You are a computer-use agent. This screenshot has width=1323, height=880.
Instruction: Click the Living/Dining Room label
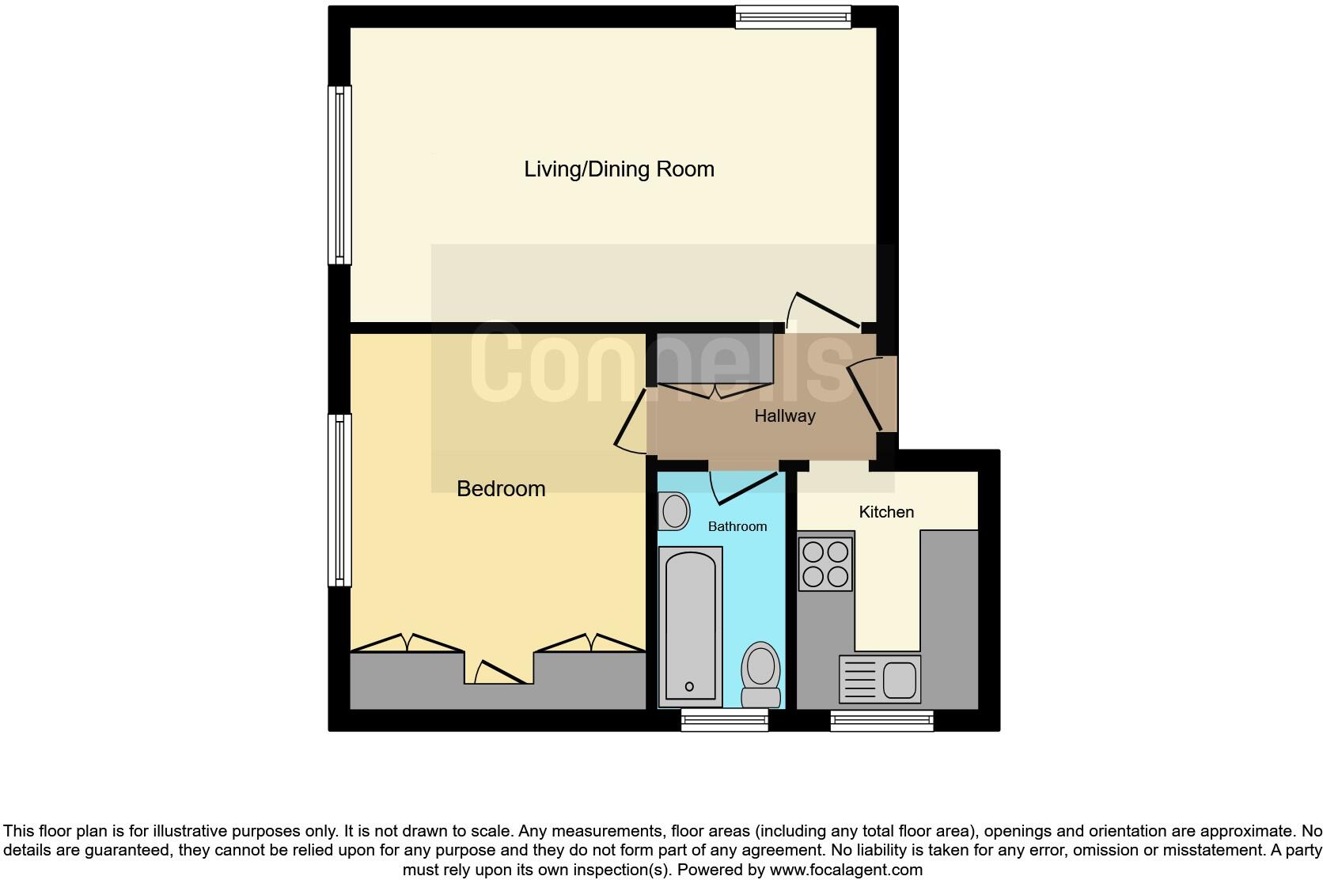coord(619,169)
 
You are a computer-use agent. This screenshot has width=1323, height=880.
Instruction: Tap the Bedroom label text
coord(501,489)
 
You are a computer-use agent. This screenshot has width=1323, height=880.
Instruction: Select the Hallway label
coord(784,416)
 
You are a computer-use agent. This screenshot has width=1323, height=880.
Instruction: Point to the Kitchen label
coord(886,512)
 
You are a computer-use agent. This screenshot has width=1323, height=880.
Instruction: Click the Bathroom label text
coord(737,526)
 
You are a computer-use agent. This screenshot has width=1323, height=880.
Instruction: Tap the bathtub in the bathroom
coord(691,625)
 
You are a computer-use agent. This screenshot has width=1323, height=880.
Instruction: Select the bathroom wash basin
coord(674,510)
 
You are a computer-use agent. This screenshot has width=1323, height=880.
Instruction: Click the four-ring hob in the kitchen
coord(825,563)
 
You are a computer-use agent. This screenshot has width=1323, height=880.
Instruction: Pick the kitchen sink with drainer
coord(880,679)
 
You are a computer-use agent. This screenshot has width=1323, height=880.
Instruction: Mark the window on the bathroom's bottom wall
coord(724,719)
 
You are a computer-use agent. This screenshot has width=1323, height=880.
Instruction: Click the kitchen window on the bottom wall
coord(881,719)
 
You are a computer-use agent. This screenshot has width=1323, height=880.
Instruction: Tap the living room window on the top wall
coord(793,17)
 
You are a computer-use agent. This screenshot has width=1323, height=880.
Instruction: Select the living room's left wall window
coord(339,175)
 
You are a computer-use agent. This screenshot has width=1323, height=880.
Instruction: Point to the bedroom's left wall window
coord(339,500)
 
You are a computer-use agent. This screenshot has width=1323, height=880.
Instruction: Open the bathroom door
coord(744,487)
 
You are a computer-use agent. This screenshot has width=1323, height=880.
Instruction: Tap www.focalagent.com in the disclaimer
coord(846,870)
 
